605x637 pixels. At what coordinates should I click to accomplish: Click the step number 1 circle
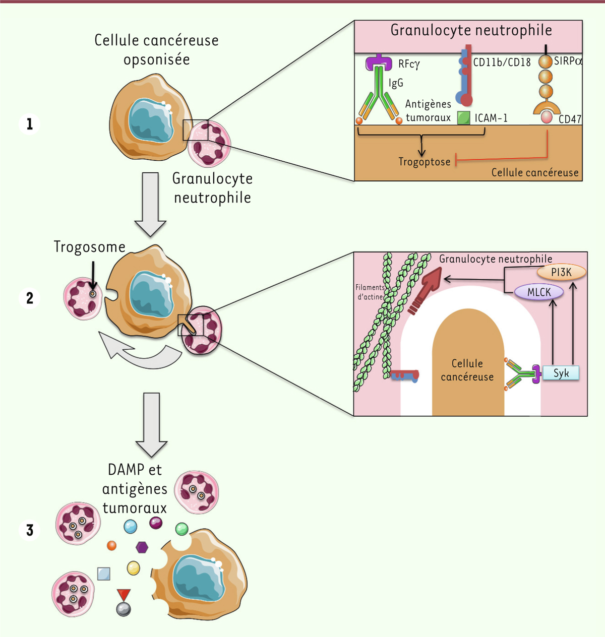coord(30,124)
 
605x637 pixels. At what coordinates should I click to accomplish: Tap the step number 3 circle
coord(30,530)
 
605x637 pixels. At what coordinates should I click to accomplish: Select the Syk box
coord(561,373)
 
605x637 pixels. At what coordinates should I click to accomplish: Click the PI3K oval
coord(561,272)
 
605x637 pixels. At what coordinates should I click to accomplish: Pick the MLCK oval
coord(539,292)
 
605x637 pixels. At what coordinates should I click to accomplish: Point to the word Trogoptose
coord(424,162)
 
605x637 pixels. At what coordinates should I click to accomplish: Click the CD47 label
coord(570,119)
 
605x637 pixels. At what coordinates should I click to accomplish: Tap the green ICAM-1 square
coord(463,118)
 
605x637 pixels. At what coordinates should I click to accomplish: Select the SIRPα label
coord(568,61)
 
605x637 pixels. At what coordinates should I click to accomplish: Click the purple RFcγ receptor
coord(379,62)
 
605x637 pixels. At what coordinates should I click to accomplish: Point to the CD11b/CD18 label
coord(502,62)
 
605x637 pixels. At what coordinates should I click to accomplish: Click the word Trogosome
coord(89,247)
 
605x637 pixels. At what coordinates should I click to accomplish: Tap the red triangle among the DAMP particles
coord(124,595)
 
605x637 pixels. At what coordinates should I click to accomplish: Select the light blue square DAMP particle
coord(104,574)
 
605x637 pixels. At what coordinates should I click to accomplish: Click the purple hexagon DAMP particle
coord(142,547)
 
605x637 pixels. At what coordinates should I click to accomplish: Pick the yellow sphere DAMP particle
coord(134,568)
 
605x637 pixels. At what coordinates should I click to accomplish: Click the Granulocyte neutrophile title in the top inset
coord(471,30)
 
